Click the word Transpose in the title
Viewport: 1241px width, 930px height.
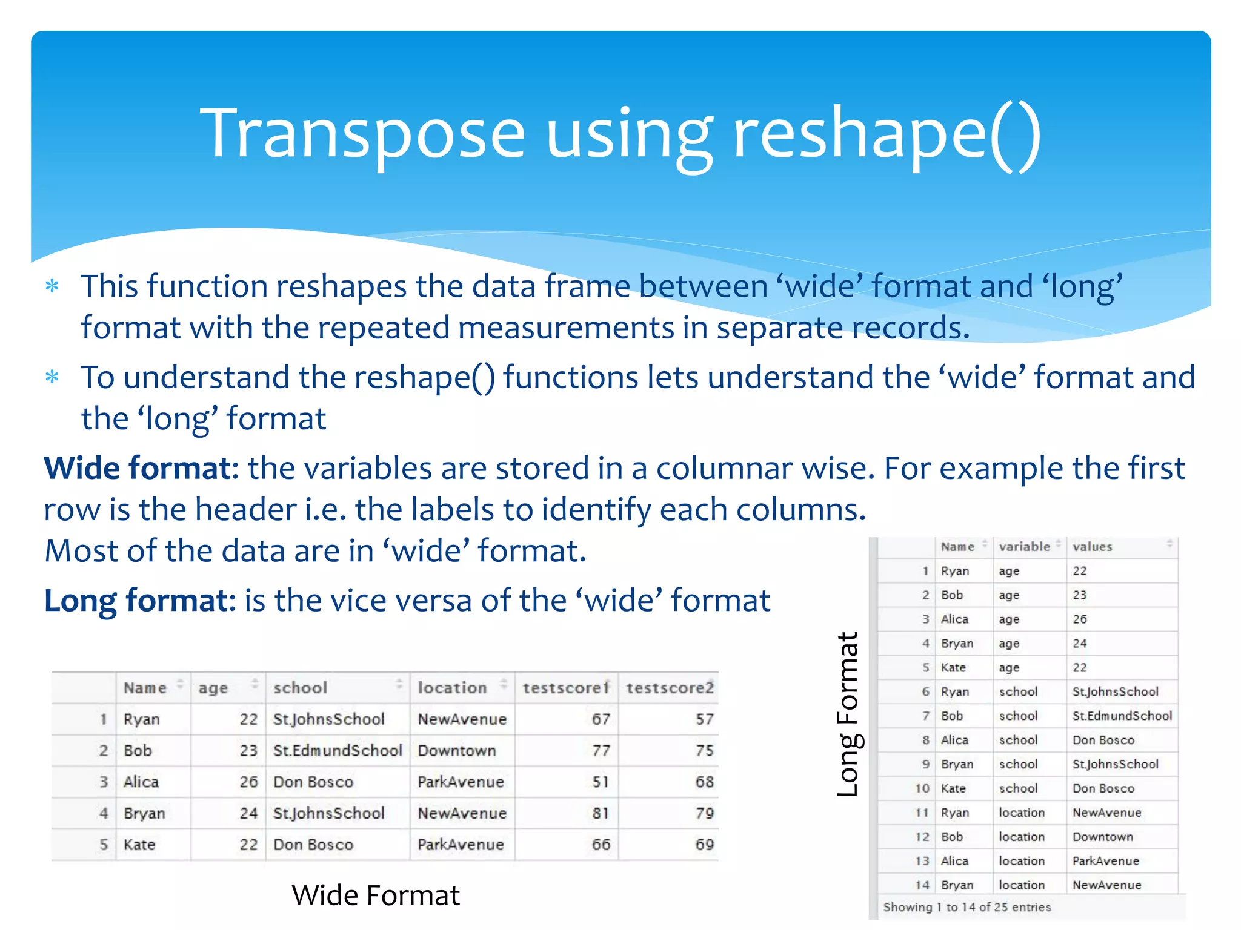(x=362, y=134)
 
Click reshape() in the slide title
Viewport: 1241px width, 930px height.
(x=887, y=134)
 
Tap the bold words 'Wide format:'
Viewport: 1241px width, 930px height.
(x=141, y=469)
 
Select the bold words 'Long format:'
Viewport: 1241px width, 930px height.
(x=140, y=601)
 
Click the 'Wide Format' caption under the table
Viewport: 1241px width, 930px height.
(x=376, y=895)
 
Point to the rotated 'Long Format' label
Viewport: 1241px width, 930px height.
(x=848, y=714)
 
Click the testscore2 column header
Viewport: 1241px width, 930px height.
(x=670, y=688)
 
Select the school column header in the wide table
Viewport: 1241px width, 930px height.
(x=300, y=688)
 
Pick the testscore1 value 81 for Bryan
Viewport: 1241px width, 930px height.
(x=601, y=813)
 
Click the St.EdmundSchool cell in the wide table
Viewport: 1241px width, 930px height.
(x=338, y=751)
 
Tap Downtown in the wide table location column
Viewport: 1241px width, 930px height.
(x=457, y=751)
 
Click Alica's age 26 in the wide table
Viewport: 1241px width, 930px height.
(x=248, y=782)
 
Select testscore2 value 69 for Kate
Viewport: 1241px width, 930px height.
(x=704, y=845)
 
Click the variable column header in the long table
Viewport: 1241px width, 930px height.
(x=1024, y=547)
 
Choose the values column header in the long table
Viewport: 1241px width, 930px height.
(x=1092, y=547)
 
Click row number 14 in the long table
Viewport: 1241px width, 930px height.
(x=922, y=885)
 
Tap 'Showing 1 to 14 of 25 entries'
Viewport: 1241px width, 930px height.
(x=967, y=907)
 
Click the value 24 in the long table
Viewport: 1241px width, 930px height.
(x=1080, y=644)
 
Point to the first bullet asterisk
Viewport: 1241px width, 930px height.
(x=53, y=286)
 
